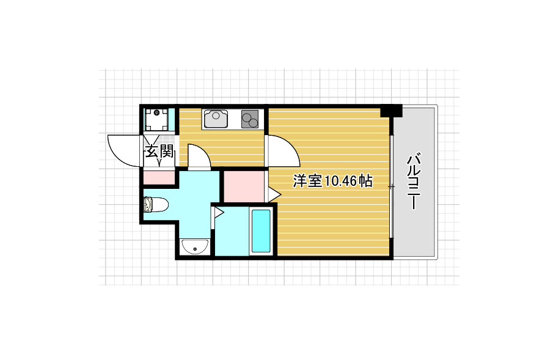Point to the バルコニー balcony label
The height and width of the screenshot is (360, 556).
pos(414,181)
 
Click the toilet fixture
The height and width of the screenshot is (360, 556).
pos(154,204)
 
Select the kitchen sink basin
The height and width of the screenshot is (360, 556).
pos(215,118)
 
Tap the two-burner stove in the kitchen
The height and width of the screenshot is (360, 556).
pos(250,118)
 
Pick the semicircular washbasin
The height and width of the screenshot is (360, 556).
pos(195,248)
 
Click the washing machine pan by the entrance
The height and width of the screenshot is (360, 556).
pos(158,119)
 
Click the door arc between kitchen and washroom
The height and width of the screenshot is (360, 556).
pos(199,155)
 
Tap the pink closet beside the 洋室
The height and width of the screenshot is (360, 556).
pos(243,186)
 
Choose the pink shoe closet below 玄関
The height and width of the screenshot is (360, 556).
pos(159,178)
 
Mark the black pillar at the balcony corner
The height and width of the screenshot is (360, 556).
pos(391,111)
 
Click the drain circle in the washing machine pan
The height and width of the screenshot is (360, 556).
pos(158,112)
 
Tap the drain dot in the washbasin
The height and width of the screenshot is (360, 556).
pos(195,249)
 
